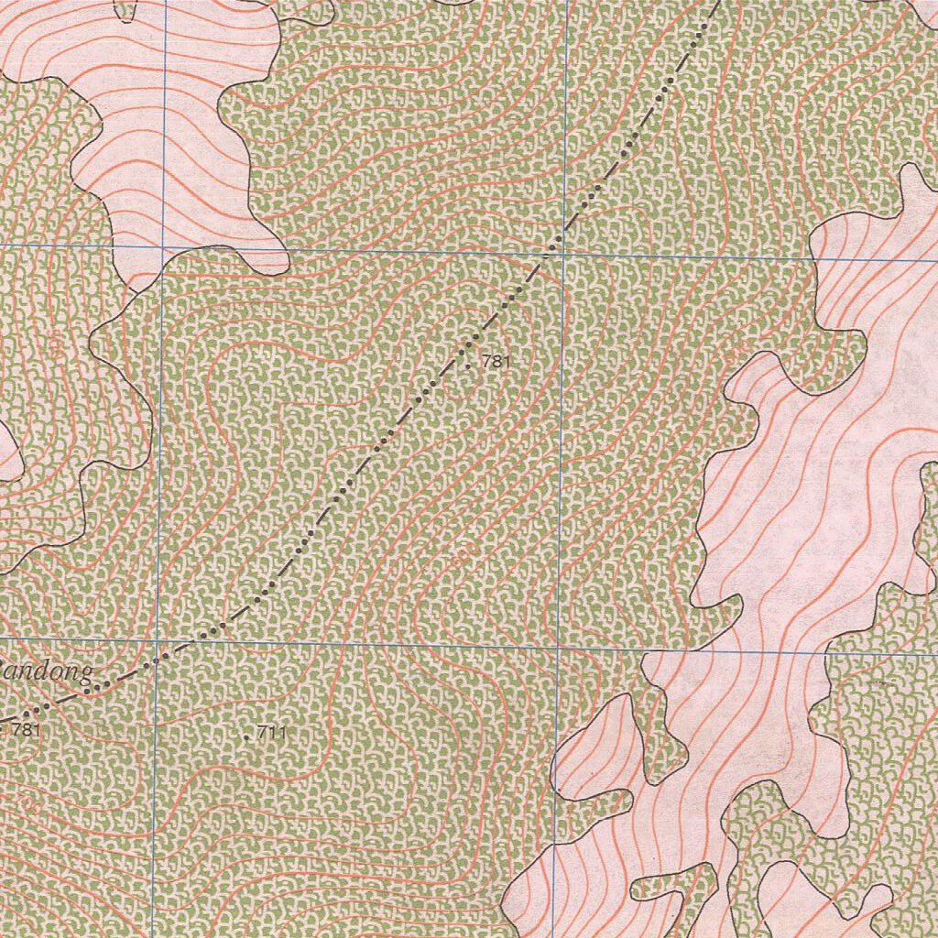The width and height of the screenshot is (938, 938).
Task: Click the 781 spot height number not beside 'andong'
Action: (494, 362)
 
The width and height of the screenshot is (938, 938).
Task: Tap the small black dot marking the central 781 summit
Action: (469, 366)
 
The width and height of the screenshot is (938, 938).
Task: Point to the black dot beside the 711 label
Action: (248, 736)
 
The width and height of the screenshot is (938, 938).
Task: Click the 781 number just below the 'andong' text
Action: (27, 730)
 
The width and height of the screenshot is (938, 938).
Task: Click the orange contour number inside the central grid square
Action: (461, 555)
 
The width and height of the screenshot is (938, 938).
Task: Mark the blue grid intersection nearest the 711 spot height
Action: (157, 640)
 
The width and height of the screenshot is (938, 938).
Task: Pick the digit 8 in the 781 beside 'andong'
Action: (27, 730)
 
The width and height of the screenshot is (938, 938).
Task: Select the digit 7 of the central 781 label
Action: (485, 362)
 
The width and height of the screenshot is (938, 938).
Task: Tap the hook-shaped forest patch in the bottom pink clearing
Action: (673, 884)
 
